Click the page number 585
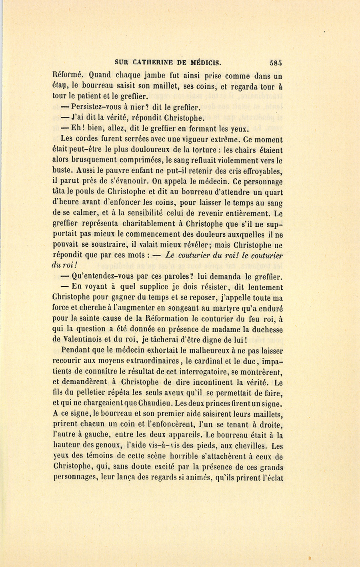[276, 62]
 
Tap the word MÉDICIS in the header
[206, 62]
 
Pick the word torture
[203, 150]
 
